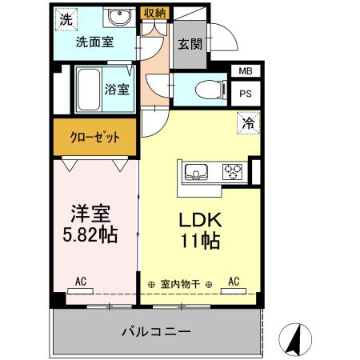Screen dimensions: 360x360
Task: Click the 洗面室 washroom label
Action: click(94, 43)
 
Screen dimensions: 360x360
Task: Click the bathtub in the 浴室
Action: click(90, 89)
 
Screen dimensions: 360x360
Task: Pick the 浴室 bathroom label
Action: click(118, 90)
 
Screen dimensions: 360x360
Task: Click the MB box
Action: click(244, 72)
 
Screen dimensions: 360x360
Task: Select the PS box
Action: click(244, 92)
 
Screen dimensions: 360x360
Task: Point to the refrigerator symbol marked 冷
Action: click(249, 124)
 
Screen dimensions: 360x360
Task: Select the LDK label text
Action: click(198, 220)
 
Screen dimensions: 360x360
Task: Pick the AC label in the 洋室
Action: click(81, 282)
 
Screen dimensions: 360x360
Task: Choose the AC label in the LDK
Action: click(234, 282)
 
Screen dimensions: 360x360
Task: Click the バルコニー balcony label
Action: click(156, 330)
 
